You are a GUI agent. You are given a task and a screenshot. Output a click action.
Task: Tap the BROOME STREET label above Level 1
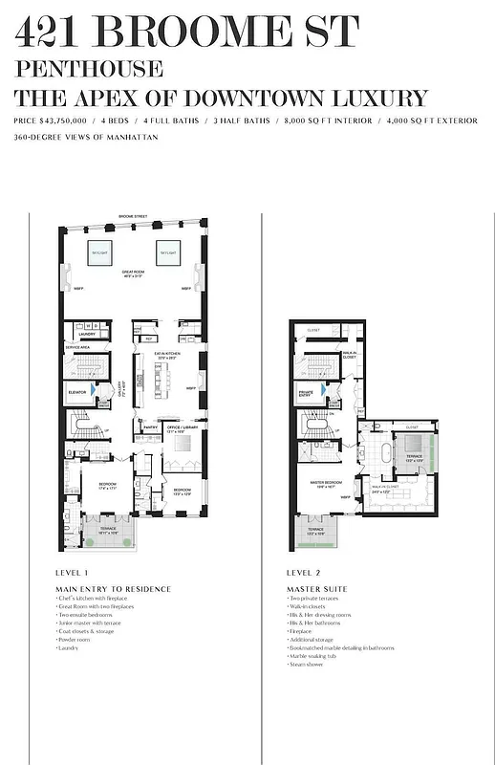tap(132, 218)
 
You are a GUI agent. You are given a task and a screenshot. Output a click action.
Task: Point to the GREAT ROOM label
tap(132, 273)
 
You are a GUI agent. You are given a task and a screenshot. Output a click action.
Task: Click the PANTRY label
tap(150, 426)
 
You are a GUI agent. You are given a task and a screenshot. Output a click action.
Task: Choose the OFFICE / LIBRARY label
tap(183, 426)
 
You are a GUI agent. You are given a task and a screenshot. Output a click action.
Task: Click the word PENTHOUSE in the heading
tap(88, 70)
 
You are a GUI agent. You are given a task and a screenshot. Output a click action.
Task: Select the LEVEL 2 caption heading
tap(306, 572)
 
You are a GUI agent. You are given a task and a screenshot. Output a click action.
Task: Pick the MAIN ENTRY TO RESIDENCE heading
tap(113, 588)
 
